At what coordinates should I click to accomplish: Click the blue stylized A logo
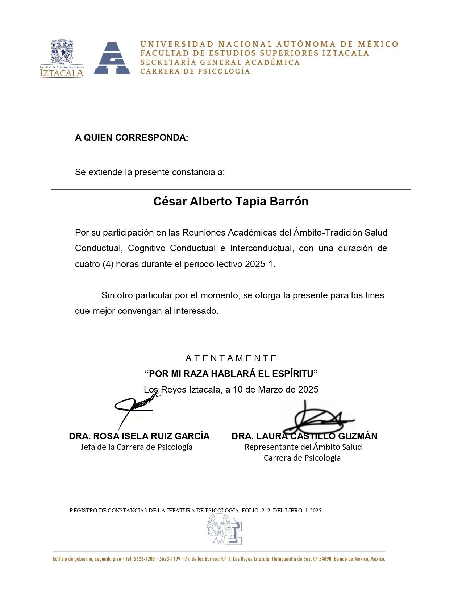tap(112, 58)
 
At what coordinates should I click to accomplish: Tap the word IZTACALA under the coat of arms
tap(62, 73)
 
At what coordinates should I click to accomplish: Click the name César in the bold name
tap(170, 202)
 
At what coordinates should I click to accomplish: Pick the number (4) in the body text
tap(108, 264)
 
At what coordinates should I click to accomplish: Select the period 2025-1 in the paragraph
tap(259, 264)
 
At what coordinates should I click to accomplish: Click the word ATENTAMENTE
tap(231, 358)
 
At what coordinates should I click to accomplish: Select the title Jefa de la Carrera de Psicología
tap(136, 447)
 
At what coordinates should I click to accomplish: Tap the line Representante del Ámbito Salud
tap(303, 447)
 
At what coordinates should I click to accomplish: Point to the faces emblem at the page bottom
tap(224, 530)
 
